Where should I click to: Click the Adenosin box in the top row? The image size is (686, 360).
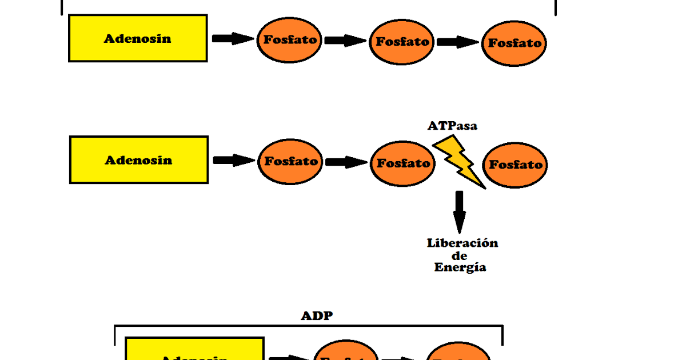pyautogui.click(x=138, y=38)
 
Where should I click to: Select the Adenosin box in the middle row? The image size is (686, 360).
pyautogui.click(x=139, y=160)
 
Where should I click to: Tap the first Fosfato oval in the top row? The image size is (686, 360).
pyautogui.click(x=290, y=40)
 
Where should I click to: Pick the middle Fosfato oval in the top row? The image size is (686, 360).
pyautogui.click(x=402, y=42)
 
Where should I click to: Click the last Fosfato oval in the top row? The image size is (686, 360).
pyautogui.click(x=514, y=43)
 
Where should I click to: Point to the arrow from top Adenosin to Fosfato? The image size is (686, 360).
pyautogui.click(x=232, y=38)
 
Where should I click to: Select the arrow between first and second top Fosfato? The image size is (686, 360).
pyautogui.click(x=345, y=41)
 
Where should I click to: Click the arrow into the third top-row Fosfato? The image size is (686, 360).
pyautogui.click(x=457, y=42)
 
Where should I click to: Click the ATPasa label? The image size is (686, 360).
pyautogui.click(x=452, y=126)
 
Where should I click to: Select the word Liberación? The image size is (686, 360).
pyautogui.click(x=462, y=243)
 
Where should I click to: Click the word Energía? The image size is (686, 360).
pyautogui.click(x=460, y=267)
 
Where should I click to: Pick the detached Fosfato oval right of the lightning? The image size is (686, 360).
pyautogui.click(x=515, y=165)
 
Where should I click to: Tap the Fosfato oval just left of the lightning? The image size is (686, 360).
pyautogui.click(x=403, y=163)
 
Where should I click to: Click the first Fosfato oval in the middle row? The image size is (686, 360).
pyautogui.click(x=290, y=161)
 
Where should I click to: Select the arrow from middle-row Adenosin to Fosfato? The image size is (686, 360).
pyautogui.click(x=233, y=161)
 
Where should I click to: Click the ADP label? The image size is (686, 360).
pyautogui.click(x=316, y=316)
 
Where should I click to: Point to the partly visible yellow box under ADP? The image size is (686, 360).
pyautogui.click(x=194, y=350)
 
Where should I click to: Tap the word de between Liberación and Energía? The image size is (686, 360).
pyautogui.click(x=459, y=255)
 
